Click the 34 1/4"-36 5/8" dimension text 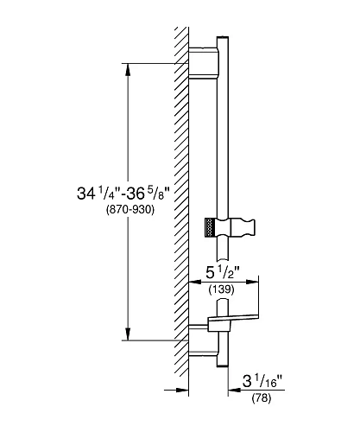tap(123, 194)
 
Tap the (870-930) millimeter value tap(130, 209)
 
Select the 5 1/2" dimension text tap(223, 272)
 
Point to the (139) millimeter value tap(221, 289)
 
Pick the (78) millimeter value tap(262, 398)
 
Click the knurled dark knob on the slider tap(211, 227)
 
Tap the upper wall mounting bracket tap(203, 63)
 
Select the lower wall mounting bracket tap(203, 340)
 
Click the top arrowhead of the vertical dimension tap(129, 69)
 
